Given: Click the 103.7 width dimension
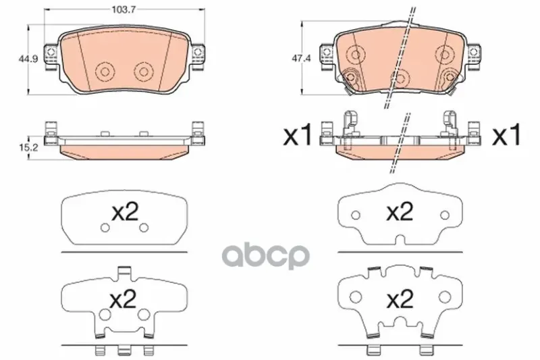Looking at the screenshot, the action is (x=124, y=9).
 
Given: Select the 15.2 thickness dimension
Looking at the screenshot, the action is (x=28, y=148).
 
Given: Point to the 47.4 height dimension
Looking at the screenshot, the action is (x=301, y=59).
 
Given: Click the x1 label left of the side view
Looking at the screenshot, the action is (x=298, y=135).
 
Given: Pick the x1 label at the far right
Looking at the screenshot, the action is (x=507, y=135).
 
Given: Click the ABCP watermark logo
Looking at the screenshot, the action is (x=265, y=256).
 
